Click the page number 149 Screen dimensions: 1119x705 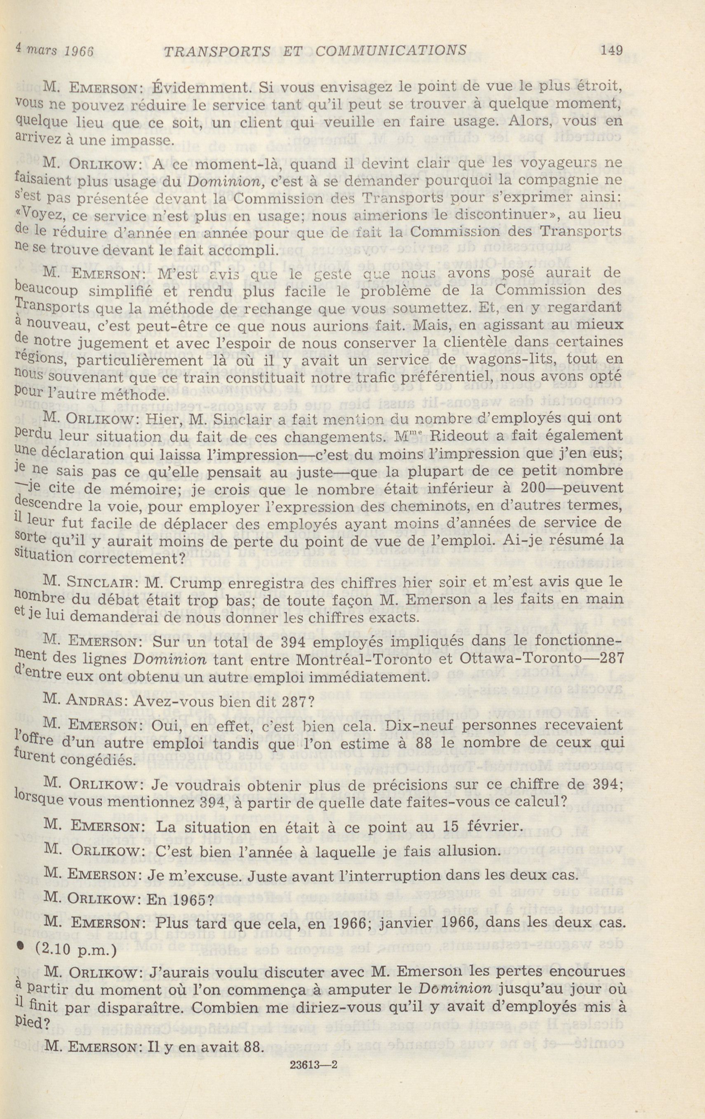(611, 50)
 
